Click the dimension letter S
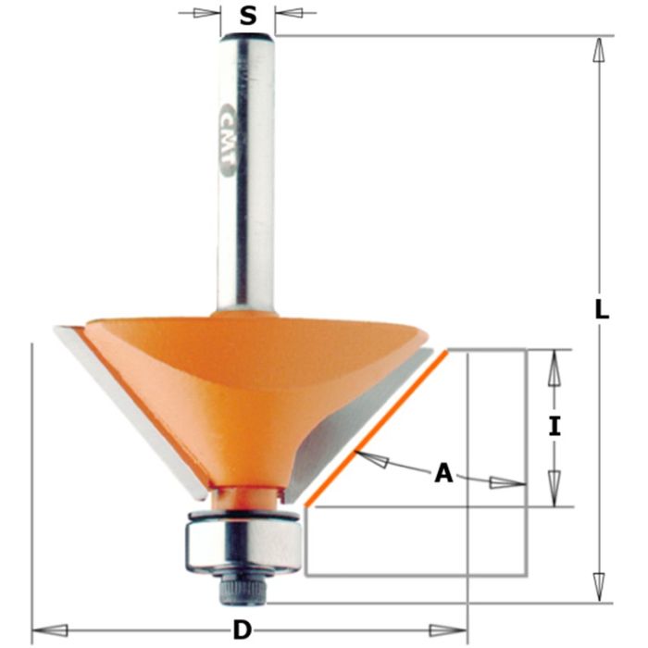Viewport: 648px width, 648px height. click(248, 15)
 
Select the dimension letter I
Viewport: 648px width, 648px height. click(555, 427)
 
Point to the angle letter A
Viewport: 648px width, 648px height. click(444, 474)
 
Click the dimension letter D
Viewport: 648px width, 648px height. click(243, 630)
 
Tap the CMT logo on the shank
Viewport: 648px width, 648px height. click(226, 139)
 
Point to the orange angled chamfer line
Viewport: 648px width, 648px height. click(380, 427)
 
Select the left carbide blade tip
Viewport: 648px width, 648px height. click(69, 337)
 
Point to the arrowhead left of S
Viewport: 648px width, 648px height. click(210, 14)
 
